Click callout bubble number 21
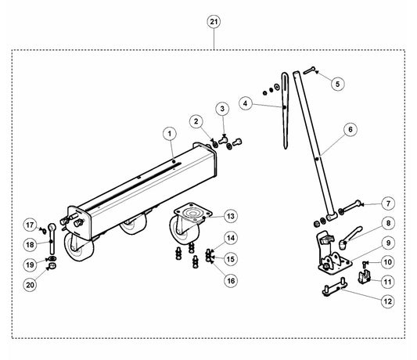tap(214, 22)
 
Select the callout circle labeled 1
tap(171, 133)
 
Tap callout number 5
tap(338, 84)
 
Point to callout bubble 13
tap(231, 216)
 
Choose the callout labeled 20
tap(30, 285)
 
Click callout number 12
tap(388, 301)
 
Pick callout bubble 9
tap(389, 243)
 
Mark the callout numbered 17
tap(30, 225)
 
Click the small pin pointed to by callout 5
tap(309, 70)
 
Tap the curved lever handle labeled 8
tap(350, 236)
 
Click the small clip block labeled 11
tap(364, 277)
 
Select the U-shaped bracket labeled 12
tap(335, 287)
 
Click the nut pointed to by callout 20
tap(52, 266)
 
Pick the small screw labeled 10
tap(365, 265)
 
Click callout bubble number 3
tap(222, 109)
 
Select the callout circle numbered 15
tap(231, 259)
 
